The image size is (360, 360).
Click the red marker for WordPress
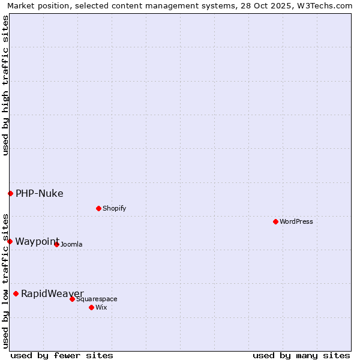coord(275,221)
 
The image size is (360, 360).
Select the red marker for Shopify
coord(98,208)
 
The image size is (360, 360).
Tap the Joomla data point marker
coord(56,244)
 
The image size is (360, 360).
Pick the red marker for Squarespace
coord(72,299)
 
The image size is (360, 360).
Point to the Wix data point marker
coord(91,307)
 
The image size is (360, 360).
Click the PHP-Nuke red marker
coord(10,193)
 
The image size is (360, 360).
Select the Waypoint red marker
coord(10,241)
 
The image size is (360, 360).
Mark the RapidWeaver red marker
coord(16,293)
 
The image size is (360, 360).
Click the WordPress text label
coord(296,221)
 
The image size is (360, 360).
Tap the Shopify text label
coord(114,208)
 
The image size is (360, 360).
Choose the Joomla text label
coord(71,244)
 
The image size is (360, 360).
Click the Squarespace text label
coord(97,299)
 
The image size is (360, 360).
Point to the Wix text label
coord(101,307)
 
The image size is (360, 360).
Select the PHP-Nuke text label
coord(40,193)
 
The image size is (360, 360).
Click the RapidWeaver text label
coord(52,293)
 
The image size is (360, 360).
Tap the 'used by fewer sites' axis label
coord(62,355)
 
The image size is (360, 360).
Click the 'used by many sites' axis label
coord(301,355)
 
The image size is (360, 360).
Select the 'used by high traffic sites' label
coord(5,85)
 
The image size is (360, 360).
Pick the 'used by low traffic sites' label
coord(5,280)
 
